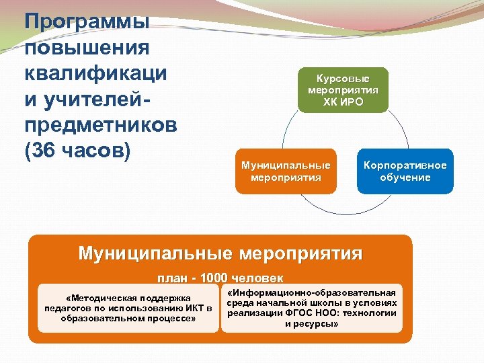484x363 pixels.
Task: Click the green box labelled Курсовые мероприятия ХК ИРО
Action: [343, 90]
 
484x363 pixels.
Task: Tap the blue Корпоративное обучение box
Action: [405, 171]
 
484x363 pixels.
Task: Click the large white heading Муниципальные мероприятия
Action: [220, 253]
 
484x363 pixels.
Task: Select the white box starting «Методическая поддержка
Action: [128, 308]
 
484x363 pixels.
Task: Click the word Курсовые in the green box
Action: [343, 79]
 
